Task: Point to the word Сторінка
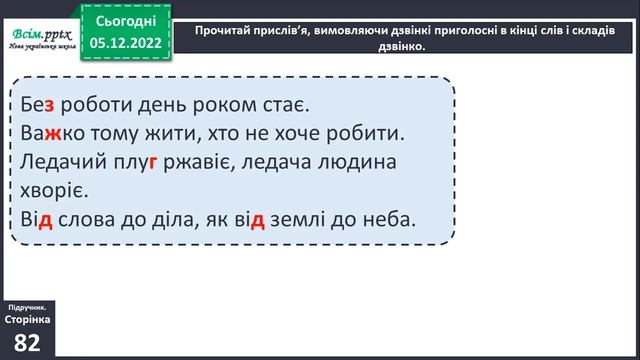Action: pos(28,318)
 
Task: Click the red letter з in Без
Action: pos(49,103)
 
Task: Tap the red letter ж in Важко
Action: pos(51,132)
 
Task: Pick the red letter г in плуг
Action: pos(154,161)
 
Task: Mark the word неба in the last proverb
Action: pos(390,219)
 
